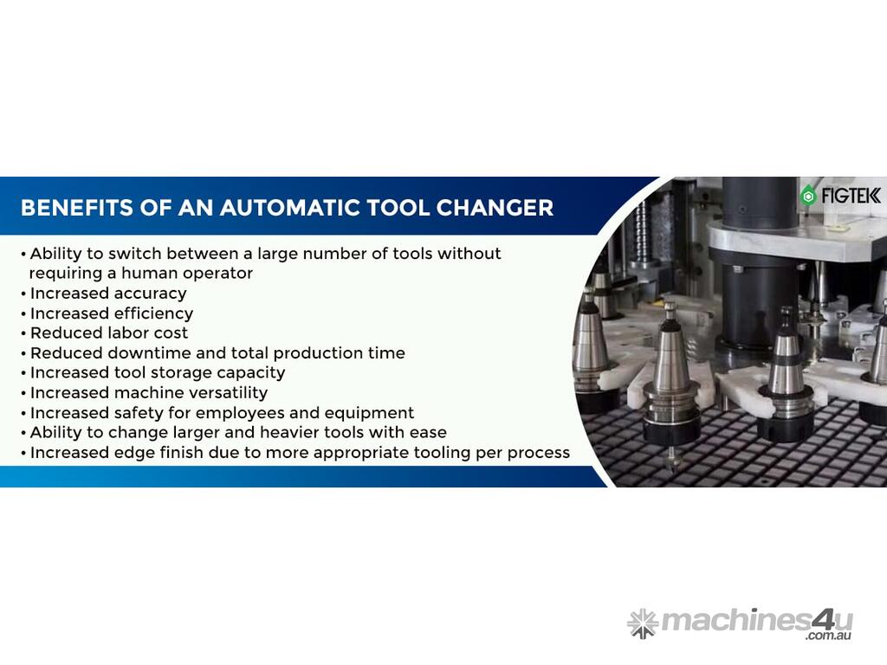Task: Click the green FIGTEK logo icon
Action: click(808, 196)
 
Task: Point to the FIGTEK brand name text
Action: click(851, 196)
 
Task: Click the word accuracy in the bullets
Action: click(151, 294)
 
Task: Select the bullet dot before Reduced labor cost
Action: click(23, 334)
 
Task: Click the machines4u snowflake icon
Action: click(643, 623)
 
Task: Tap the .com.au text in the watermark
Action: click(829, 636)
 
